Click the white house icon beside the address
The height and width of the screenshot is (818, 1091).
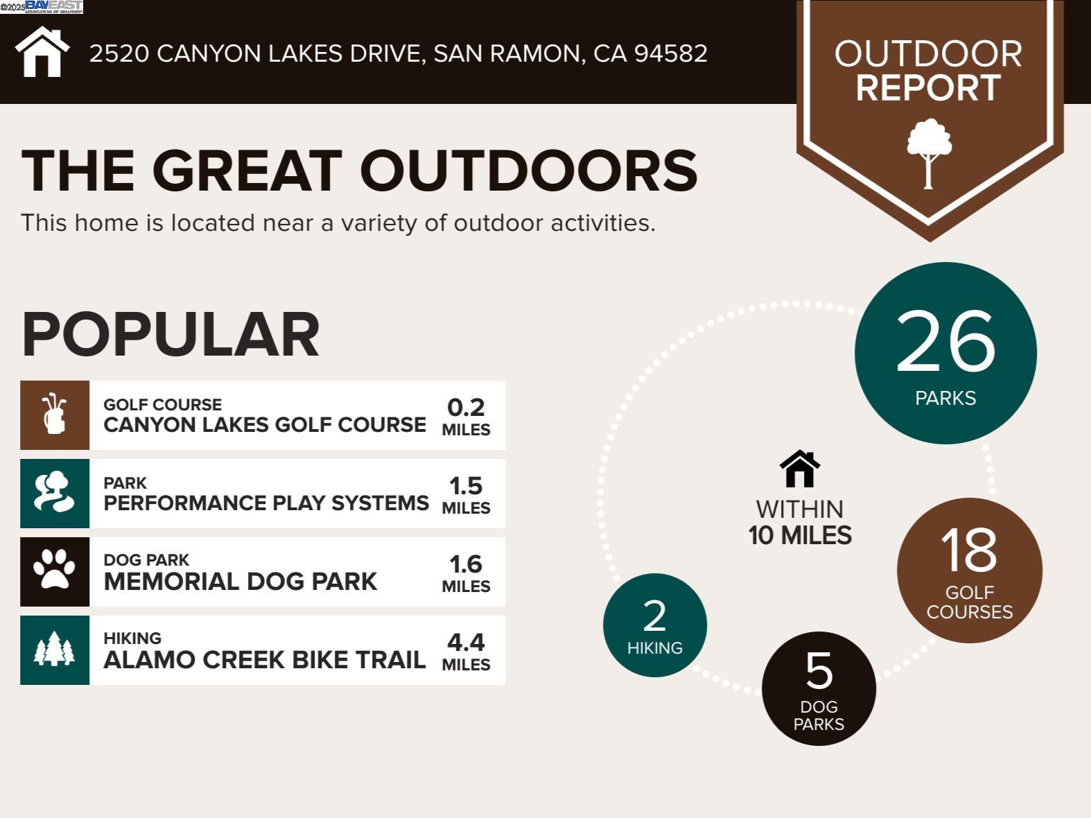42,52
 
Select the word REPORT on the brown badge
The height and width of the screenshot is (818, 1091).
928,88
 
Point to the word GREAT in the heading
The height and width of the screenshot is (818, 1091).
247,171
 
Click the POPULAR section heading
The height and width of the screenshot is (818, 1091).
171,334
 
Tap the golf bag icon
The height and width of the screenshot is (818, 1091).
54,414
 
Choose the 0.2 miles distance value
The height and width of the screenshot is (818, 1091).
466,417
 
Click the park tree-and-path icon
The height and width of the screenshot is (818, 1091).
54,492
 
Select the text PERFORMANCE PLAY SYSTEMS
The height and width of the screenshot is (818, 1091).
266,503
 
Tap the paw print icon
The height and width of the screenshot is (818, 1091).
54,570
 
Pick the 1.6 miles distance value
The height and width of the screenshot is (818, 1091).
466,573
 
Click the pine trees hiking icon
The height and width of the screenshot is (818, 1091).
54,649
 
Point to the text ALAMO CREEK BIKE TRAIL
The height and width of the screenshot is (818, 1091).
264,660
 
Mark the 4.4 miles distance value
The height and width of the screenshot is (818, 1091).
466,652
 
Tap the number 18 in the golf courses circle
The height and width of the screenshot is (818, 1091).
969,550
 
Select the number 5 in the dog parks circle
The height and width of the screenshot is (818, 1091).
819,670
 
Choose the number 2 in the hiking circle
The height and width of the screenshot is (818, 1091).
654,616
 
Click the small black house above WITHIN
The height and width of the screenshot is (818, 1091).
800,469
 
